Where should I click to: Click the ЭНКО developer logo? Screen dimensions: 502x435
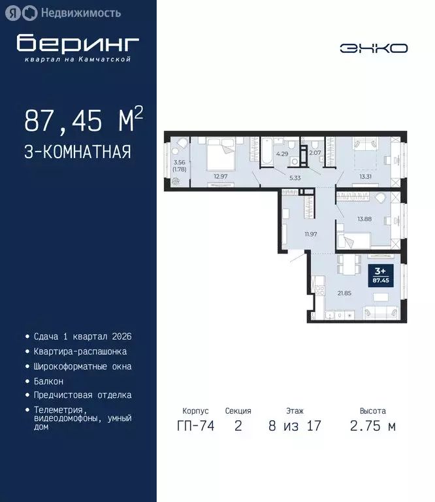click(x=374, y=48)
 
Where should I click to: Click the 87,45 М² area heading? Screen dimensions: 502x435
click(x=83, y=120)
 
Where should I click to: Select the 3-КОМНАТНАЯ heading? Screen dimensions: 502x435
click(x=78, y=152)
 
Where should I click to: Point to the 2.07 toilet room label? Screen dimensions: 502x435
click(x=314, y=153)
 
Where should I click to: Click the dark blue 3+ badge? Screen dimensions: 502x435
click(x=379, y=274)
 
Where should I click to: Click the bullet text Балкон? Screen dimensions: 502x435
click(x=48, y=380)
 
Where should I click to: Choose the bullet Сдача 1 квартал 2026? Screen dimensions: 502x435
click(x=83, y=337)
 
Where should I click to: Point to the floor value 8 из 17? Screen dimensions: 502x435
click(x=294, y=427)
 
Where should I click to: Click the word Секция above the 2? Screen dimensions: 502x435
click(x=238, y=411)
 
